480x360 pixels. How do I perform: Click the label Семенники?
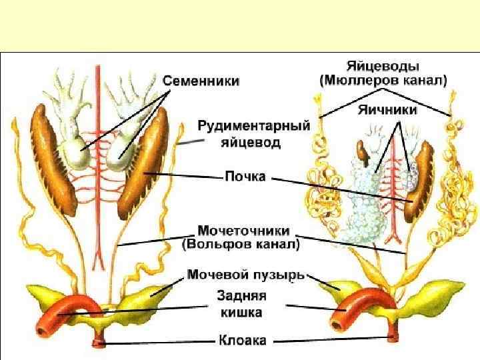pos(202,81)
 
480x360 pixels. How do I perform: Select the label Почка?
pos(244,177)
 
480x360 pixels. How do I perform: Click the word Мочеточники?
pos(243,230)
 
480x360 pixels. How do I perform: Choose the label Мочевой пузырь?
pos(245,273)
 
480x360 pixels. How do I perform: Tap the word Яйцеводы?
pos(382,66)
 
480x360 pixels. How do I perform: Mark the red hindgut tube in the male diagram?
pos(79,307)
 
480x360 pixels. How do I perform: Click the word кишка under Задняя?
pos(241,311)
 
